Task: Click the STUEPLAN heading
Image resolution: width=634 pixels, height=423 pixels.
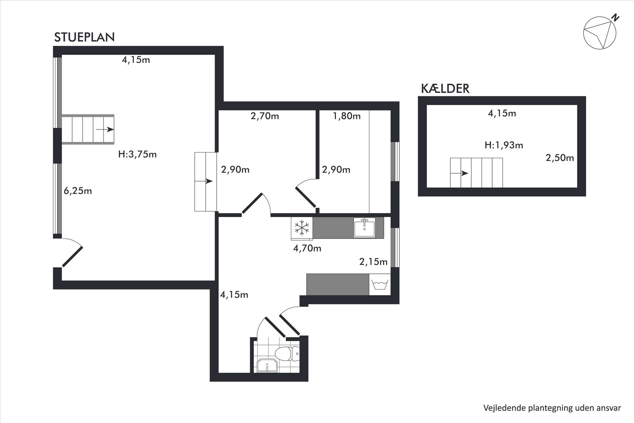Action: (84, 37)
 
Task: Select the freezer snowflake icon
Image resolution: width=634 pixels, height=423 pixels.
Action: (302, 228)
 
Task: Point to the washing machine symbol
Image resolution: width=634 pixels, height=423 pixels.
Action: (380, 284)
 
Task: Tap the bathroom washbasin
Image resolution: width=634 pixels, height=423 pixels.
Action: (267, 366)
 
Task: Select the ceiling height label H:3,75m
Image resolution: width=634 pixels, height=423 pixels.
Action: (137, 154)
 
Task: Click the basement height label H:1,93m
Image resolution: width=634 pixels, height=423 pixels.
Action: (504, 145)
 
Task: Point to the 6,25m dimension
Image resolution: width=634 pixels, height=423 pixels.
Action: (78, 191)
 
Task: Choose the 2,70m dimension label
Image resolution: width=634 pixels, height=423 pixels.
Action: (265, 116)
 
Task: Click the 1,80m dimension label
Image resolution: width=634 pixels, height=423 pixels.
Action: (347, 116)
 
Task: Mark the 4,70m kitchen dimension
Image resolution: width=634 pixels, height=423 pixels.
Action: (307, 248)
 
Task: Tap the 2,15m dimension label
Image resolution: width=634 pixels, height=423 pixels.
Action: (373, 262)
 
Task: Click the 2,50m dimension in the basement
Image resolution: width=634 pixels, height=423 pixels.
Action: (560, 158)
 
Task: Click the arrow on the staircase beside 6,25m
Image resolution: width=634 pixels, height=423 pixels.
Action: (105, 130)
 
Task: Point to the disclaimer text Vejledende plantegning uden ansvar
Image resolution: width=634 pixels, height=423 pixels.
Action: (552, 408)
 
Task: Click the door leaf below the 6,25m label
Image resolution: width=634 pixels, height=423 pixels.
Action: (72, 256)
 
